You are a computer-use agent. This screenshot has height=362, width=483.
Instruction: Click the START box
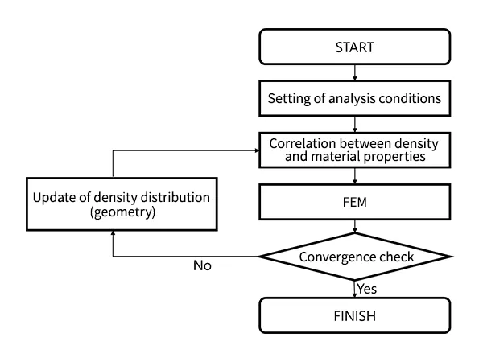point(354,48)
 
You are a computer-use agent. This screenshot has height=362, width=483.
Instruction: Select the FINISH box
point(354,315)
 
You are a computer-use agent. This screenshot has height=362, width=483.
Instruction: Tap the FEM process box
point(354,204)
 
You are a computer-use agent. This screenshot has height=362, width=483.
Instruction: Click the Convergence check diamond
point(354,257)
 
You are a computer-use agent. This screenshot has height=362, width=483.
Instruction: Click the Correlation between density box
point(354,150)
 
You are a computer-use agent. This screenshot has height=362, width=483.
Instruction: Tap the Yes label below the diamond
point(367,286)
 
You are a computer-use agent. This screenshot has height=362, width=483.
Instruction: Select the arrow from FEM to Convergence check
point(354,228)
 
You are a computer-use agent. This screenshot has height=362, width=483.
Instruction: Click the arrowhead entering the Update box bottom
point(112,231)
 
